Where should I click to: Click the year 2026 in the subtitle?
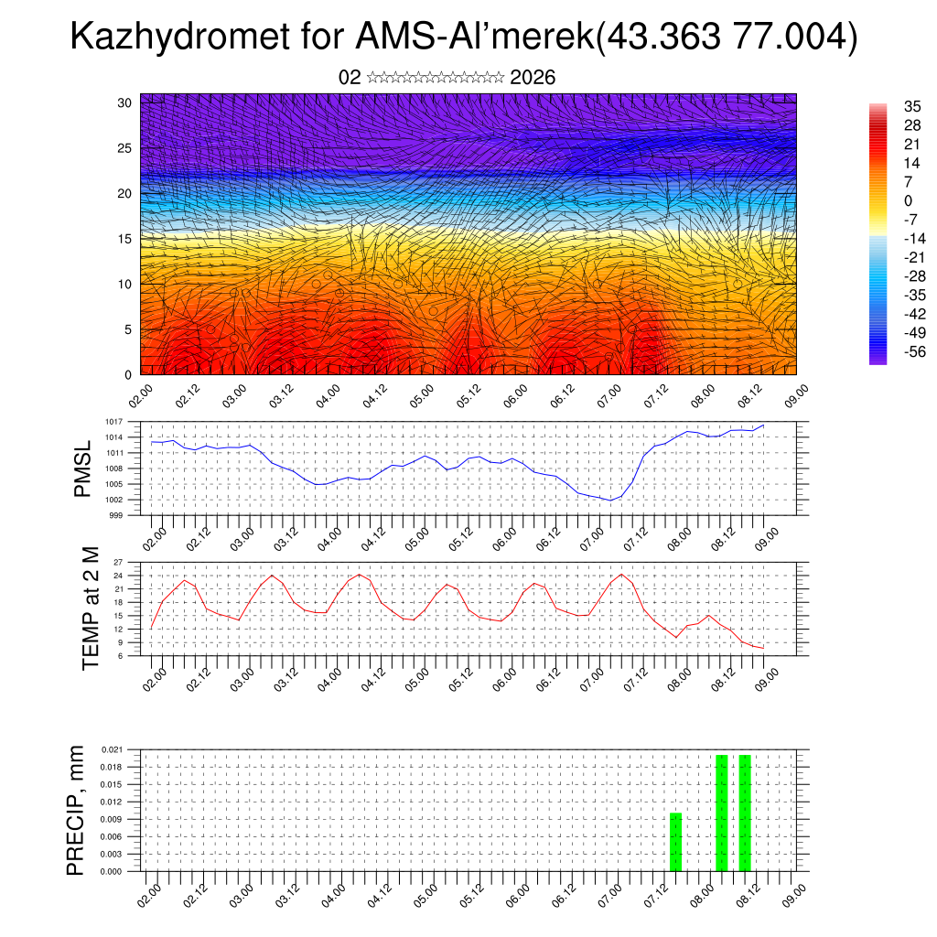pyautogui.click(x=533, y=78)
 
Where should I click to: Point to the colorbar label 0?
pyautogui.click(x=907, y=200)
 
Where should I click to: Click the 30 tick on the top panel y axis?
pyautogui.click(x=125, y=102)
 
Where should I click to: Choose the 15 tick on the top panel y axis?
pyautogui.click(x=125, y=239)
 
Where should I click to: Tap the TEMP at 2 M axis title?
pyautogui.click(x=90, y=608)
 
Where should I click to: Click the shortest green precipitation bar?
pyautogui.click(x=676, y=842)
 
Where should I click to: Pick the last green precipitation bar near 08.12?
pyautogui.click(x=745, y=813)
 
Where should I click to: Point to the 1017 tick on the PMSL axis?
pyautogui.click(x=113, y=421)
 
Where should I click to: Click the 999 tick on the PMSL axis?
pyautogui.click(x=116, y=515)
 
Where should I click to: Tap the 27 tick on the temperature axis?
pyautogui.click(x=118, y=561)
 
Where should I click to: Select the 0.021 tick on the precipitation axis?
pyautogui.click(x=112, y=749)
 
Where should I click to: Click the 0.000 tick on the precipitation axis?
pyautogui.click(x=112, y=872)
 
